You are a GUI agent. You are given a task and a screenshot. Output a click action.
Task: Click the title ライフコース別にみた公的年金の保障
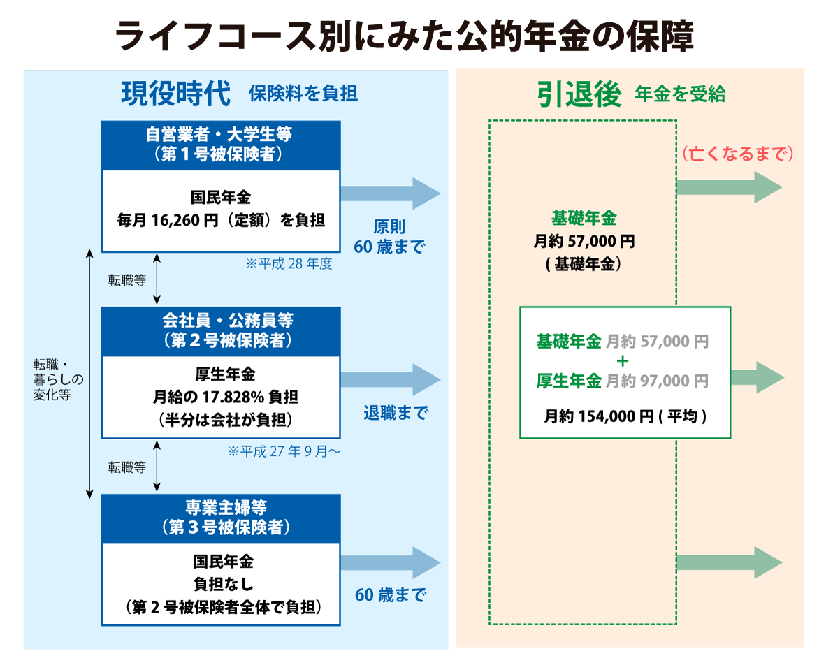[405, 36]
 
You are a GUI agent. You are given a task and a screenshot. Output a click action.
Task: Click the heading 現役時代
[175, 94]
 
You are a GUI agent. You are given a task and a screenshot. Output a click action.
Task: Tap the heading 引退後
[579, 94]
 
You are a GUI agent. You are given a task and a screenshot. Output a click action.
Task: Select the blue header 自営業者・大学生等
[221, 145]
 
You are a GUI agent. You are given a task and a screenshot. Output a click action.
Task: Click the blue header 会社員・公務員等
[221, 330]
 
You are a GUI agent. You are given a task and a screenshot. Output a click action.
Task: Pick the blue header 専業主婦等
[221, 518]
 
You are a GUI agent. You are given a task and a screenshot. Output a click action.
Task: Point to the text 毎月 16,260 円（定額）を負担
[221, 221]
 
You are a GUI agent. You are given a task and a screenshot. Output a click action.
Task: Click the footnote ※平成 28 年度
[289, 264]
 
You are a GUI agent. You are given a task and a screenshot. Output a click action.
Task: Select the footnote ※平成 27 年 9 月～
[284, 451]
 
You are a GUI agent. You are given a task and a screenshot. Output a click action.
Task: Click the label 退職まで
[396, 413]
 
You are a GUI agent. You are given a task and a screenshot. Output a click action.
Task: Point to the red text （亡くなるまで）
[738, 154]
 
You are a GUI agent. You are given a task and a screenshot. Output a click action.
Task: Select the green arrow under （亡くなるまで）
[728, 187]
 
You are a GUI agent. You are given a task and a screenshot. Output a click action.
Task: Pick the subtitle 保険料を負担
[303, 94]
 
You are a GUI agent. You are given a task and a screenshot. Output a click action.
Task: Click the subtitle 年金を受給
[680, 94]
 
